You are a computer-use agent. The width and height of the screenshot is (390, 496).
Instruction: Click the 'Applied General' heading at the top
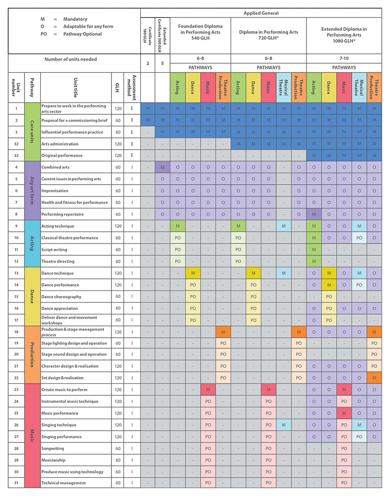[x=261, y=13]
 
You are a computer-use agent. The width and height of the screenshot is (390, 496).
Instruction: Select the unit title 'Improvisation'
[x=55, y=191]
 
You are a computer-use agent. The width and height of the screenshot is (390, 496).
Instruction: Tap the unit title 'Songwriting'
[x=53, y=448]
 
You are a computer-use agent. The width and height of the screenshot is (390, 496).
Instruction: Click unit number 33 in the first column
[x=16, y=156]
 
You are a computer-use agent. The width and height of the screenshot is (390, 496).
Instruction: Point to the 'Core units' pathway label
[x=32, y=132]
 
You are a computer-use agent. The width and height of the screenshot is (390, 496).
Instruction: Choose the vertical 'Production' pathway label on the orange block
[x=32, y=355]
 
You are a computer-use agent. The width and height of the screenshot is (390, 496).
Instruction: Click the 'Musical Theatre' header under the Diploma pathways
[x=283, y=87]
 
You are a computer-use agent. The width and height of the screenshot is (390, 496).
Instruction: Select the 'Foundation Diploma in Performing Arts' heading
[x=200, y=32]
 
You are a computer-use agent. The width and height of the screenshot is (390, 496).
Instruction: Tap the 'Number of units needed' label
[x=70, y=59]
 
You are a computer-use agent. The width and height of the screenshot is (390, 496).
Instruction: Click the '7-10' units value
[x=344, y=58]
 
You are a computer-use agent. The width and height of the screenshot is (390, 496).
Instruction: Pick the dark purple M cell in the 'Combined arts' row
[x=162, y=167]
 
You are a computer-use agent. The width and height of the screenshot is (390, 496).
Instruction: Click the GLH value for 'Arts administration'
[x=118, y=144]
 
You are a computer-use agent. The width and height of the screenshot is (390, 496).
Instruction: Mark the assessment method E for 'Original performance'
[x=132, y=155]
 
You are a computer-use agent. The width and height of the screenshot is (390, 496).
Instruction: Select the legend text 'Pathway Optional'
[x=82, y=34]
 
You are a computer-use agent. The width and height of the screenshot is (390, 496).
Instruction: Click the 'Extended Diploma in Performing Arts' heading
[x=344, y=35]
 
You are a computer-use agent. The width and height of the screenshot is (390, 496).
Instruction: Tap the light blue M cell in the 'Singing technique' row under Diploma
[x=284, y=425]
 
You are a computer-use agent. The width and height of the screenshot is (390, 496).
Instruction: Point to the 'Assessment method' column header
[x=132, y=87]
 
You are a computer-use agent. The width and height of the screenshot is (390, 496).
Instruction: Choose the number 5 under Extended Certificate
[x=162, y=63]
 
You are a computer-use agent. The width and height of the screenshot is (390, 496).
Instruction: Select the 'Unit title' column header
[x=75, y=87]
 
